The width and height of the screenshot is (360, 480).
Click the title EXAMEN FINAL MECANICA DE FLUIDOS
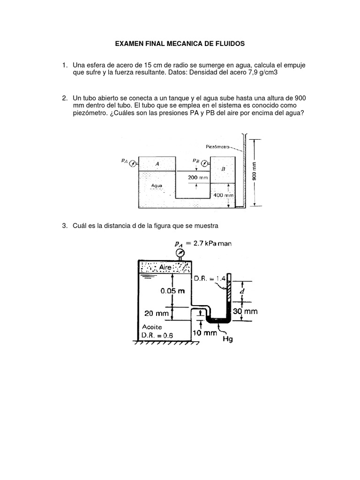(180, 44)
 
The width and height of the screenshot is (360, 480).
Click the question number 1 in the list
(65, 64)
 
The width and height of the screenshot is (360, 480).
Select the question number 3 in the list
(65, 226)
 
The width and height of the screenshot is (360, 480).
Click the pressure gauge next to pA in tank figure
(134, 163)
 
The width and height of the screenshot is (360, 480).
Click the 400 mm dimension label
(224, 195)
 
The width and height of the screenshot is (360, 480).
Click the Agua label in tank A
(157, 185)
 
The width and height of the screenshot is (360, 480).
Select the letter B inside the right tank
(223, 168)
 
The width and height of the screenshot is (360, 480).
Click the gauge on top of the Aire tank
(180, 253)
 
